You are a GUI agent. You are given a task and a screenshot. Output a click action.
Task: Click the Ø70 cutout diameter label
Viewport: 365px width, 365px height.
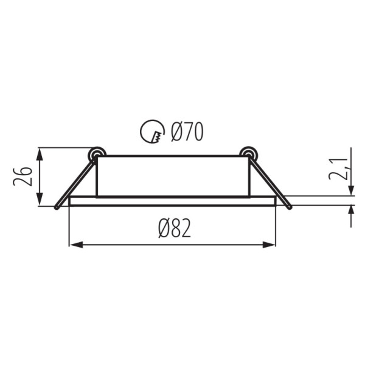click(187, 131)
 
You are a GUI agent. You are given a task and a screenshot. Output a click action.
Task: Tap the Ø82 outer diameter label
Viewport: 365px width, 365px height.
click(175, 228)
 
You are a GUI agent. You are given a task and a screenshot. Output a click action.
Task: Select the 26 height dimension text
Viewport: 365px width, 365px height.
click(23, 176)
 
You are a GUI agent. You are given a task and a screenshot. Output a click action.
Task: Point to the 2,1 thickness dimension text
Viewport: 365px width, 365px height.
click(338, 169)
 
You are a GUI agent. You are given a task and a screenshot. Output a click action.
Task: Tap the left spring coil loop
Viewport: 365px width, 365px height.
click(97, 154)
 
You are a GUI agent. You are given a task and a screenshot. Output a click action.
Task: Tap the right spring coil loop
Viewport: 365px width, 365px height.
click(249, 154)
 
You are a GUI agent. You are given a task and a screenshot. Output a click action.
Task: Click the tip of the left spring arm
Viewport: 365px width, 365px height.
click(56, 207)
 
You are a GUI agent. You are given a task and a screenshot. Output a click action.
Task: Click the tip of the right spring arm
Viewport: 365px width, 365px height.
click(290, 207)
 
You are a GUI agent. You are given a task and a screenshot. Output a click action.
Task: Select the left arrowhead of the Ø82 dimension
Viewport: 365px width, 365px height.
click(76, 245)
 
